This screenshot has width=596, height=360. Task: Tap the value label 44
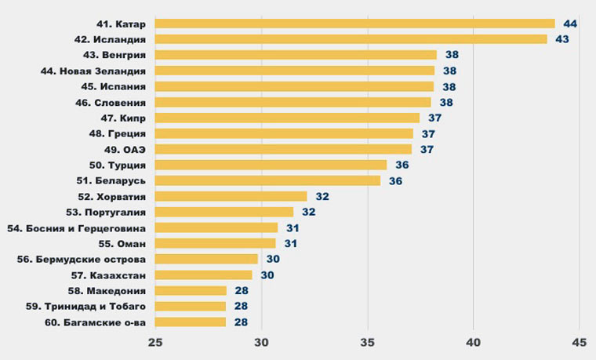coord(570,24)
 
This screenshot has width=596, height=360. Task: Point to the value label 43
coord(562,39)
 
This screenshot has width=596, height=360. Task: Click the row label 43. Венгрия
coord(114,55)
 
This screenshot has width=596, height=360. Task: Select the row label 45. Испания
coord(114,86)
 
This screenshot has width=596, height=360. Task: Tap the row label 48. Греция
coord(118,133)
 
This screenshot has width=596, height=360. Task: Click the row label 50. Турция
coord(118,165)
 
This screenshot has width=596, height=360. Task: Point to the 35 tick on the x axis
coord(367,342)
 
